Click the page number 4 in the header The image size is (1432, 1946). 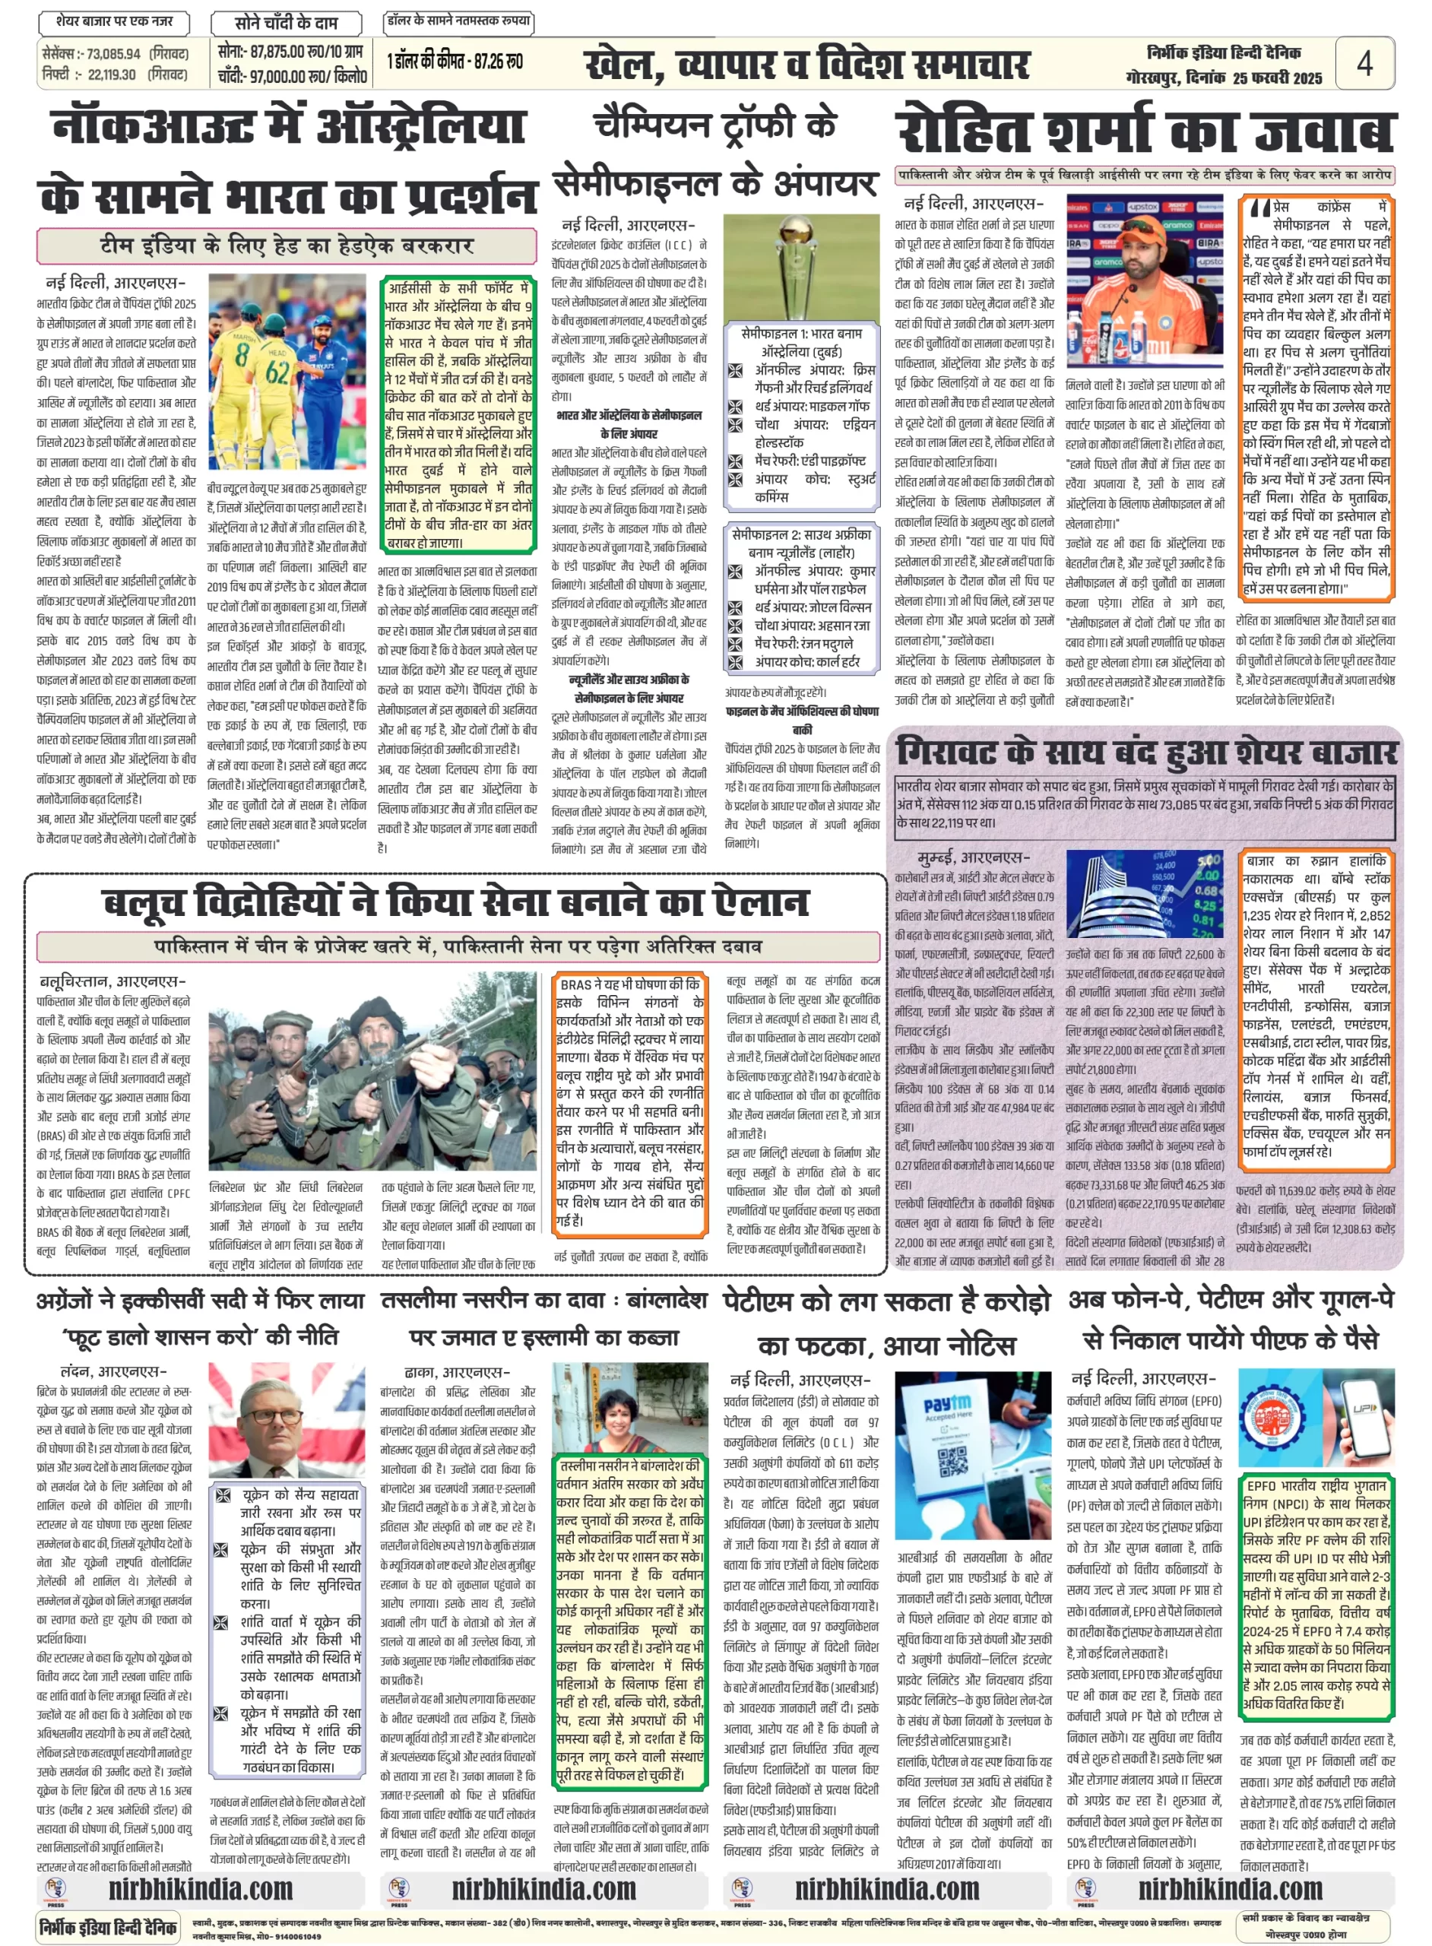pos(1364,63)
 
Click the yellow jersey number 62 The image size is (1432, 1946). pos(278,373)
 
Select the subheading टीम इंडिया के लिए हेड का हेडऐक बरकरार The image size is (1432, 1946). pos(286,246)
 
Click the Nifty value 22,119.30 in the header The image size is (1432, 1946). pos(112,75)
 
